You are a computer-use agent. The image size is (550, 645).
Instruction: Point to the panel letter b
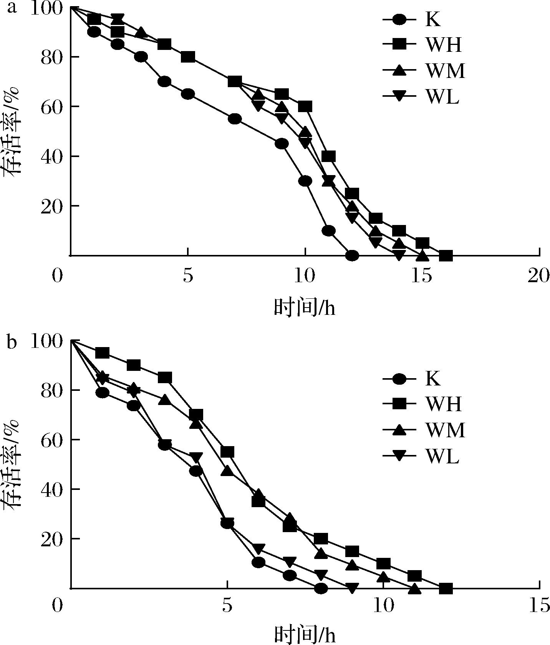pos(12,342)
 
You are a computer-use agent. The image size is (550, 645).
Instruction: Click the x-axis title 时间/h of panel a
pos(305,307)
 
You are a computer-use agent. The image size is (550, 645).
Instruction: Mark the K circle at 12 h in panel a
pos(352,255)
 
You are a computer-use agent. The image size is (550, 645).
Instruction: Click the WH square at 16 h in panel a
pos(446,255)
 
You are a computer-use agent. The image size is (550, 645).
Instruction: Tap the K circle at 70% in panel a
pos(164,82)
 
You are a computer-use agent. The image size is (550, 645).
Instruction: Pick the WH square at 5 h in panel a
pos(188,57)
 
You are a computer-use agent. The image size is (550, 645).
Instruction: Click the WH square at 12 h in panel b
pos(446,588)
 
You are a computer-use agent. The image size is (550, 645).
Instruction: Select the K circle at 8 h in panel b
pos(321,588)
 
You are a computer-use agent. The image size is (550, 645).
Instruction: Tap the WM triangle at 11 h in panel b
pos(414,588)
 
